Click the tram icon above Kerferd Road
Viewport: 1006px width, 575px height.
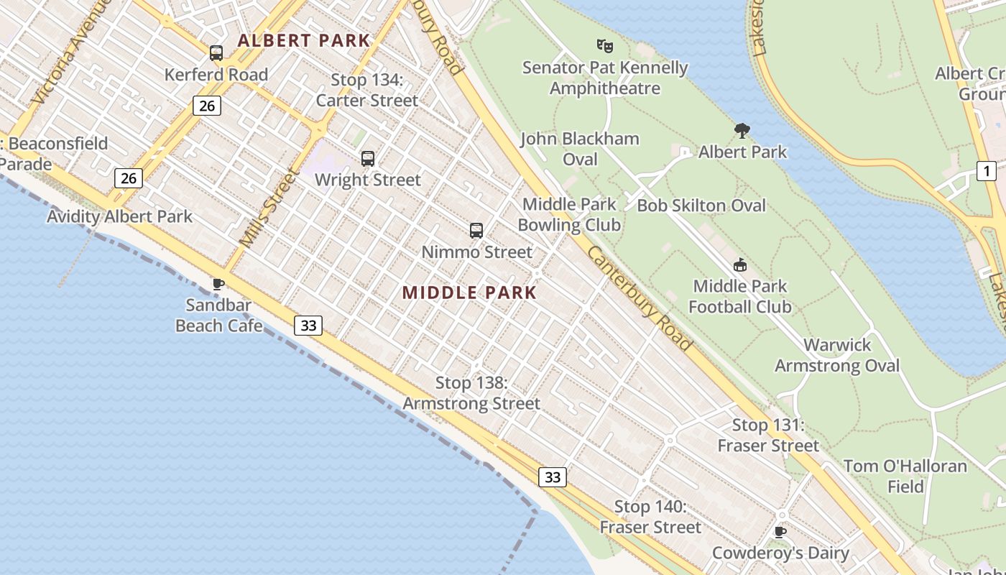(216, 52)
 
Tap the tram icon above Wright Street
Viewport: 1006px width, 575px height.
(367, 159)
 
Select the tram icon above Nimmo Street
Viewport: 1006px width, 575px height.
(476, 231)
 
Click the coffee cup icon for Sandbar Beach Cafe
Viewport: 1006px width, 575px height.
(218, 285)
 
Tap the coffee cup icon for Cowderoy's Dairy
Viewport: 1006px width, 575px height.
(780, 533)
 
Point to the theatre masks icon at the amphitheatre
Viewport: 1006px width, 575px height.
(605, 46)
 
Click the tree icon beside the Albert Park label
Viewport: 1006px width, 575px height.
(742, 131)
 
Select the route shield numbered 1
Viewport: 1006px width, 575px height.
(987, 171)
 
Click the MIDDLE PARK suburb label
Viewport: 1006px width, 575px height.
(469, 293)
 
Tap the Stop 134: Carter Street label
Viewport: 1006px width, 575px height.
(367, 90)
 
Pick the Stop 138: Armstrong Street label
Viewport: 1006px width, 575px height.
(471, 393)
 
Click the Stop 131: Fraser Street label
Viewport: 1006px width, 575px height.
(768, 435)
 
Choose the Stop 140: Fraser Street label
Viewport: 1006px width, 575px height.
(650, 517)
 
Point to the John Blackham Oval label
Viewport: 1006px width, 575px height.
(580, 148)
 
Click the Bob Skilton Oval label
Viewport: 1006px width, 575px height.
(701, 206)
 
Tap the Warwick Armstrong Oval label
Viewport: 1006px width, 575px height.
(837, 355)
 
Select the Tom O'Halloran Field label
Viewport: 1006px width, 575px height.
(905, 476)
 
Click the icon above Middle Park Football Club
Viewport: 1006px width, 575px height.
(740, 265)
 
